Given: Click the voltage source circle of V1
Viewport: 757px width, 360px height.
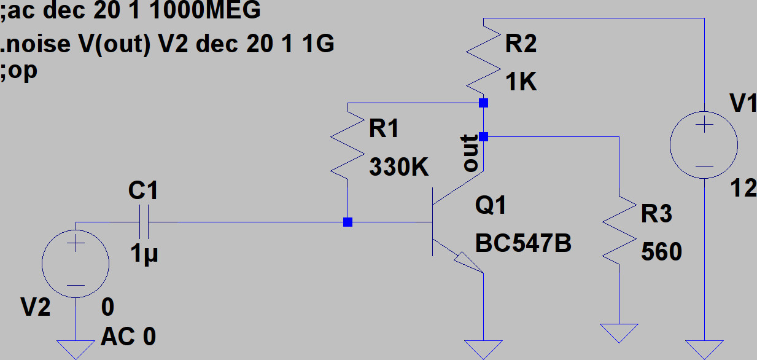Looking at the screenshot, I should click(704, 146).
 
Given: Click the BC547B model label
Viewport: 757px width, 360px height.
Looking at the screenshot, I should click(523, 244).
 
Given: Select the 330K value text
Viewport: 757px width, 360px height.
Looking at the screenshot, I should click(398, 167).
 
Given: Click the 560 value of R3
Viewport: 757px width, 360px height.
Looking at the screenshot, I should click(661, 252).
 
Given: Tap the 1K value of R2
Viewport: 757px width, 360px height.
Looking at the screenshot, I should click(521, 82).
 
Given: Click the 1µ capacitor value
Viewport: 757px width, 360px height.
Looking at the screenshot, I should click(144, 252).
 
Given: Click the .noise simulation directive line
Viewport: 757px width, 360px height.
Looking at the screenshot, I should click(168, 45).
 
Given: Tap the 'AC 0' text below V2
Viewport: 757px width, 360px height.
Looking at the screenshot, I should click(128, 336).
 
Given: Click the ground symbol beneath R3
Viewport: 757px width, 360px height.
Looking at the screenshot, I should click(619, 332).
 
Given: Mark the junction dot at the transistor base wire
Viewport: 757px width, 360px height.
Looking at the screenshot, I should click(347, 222).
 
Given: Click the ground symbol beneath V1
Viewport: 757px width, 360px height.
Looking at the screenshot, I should click(704, 348).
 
